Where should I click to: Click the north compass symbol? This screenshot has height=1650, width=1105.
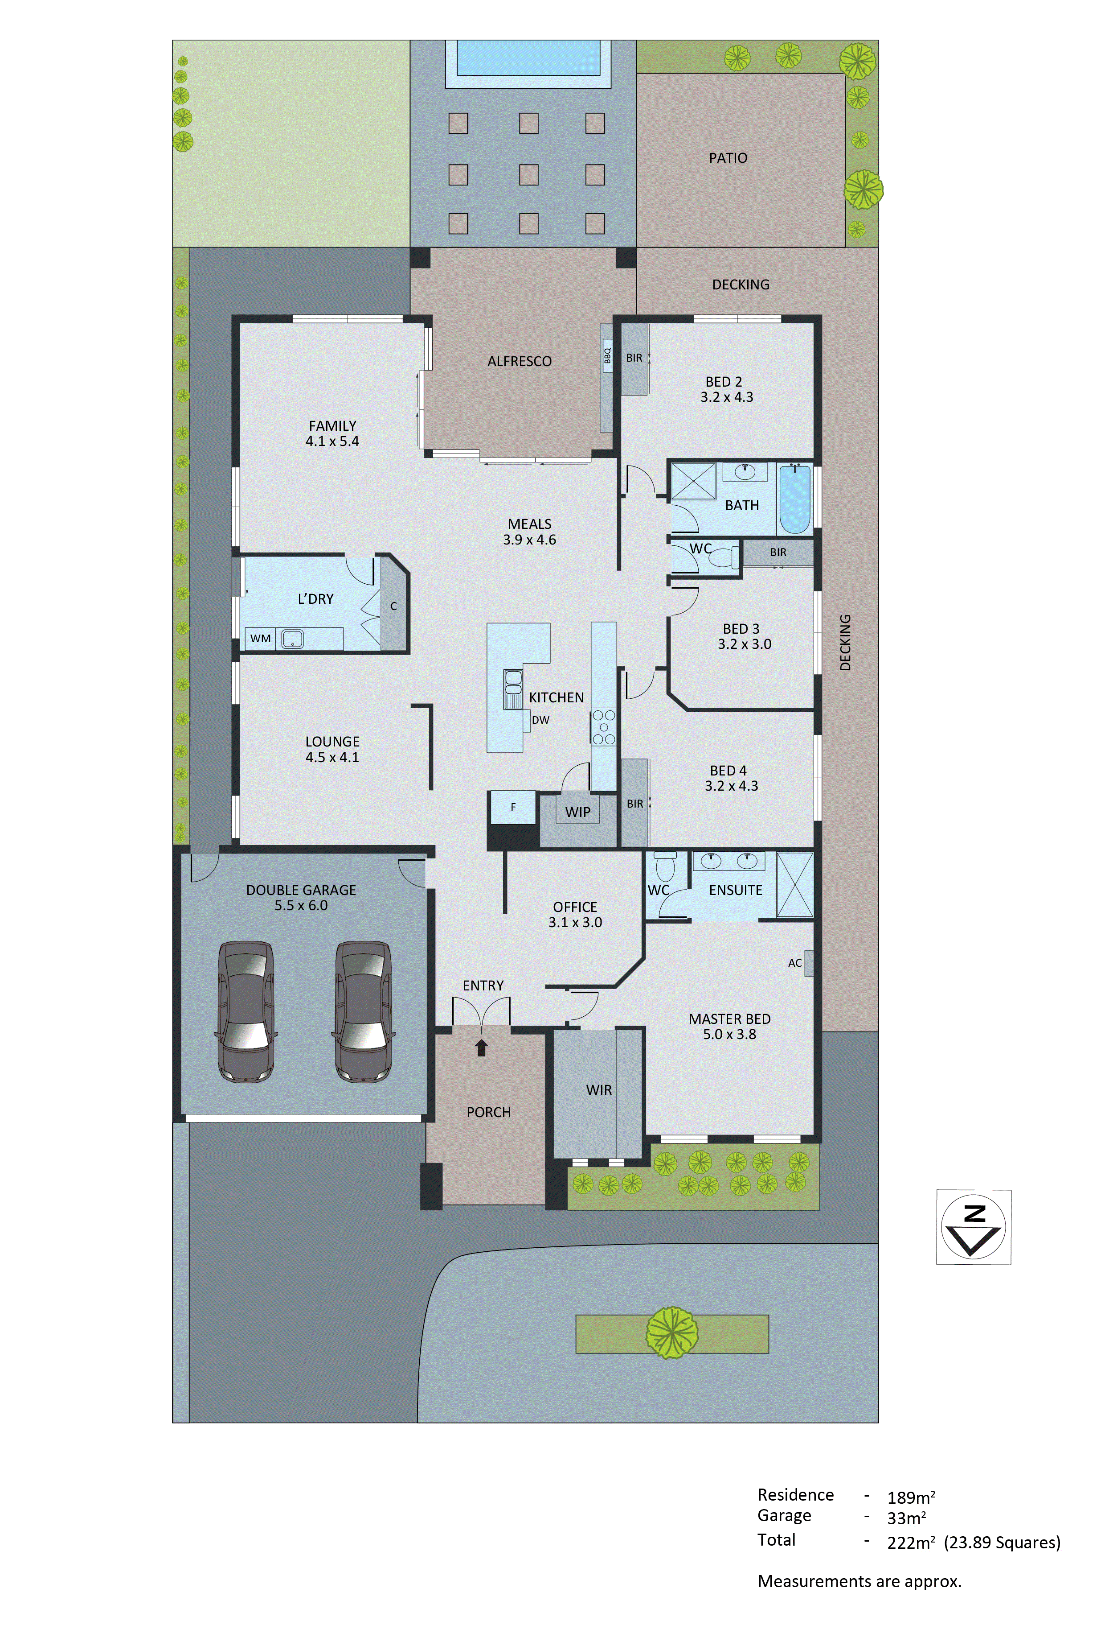(x=973, y=1227)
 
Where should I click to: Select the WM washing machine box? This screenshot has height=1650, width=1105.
(x=260, y=638)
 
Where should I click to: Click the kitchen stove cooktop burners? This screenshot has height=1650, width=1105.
(x=603, y=727)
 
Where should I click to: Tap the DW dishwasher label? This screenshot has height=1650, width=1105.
(x=540, y=720)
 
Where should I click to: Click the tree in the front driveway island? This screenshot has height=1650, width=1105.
(x=672, y=1332)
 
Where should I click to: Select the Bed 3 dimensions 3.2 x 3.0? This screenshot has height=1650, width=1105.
(x=744, y=644)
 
